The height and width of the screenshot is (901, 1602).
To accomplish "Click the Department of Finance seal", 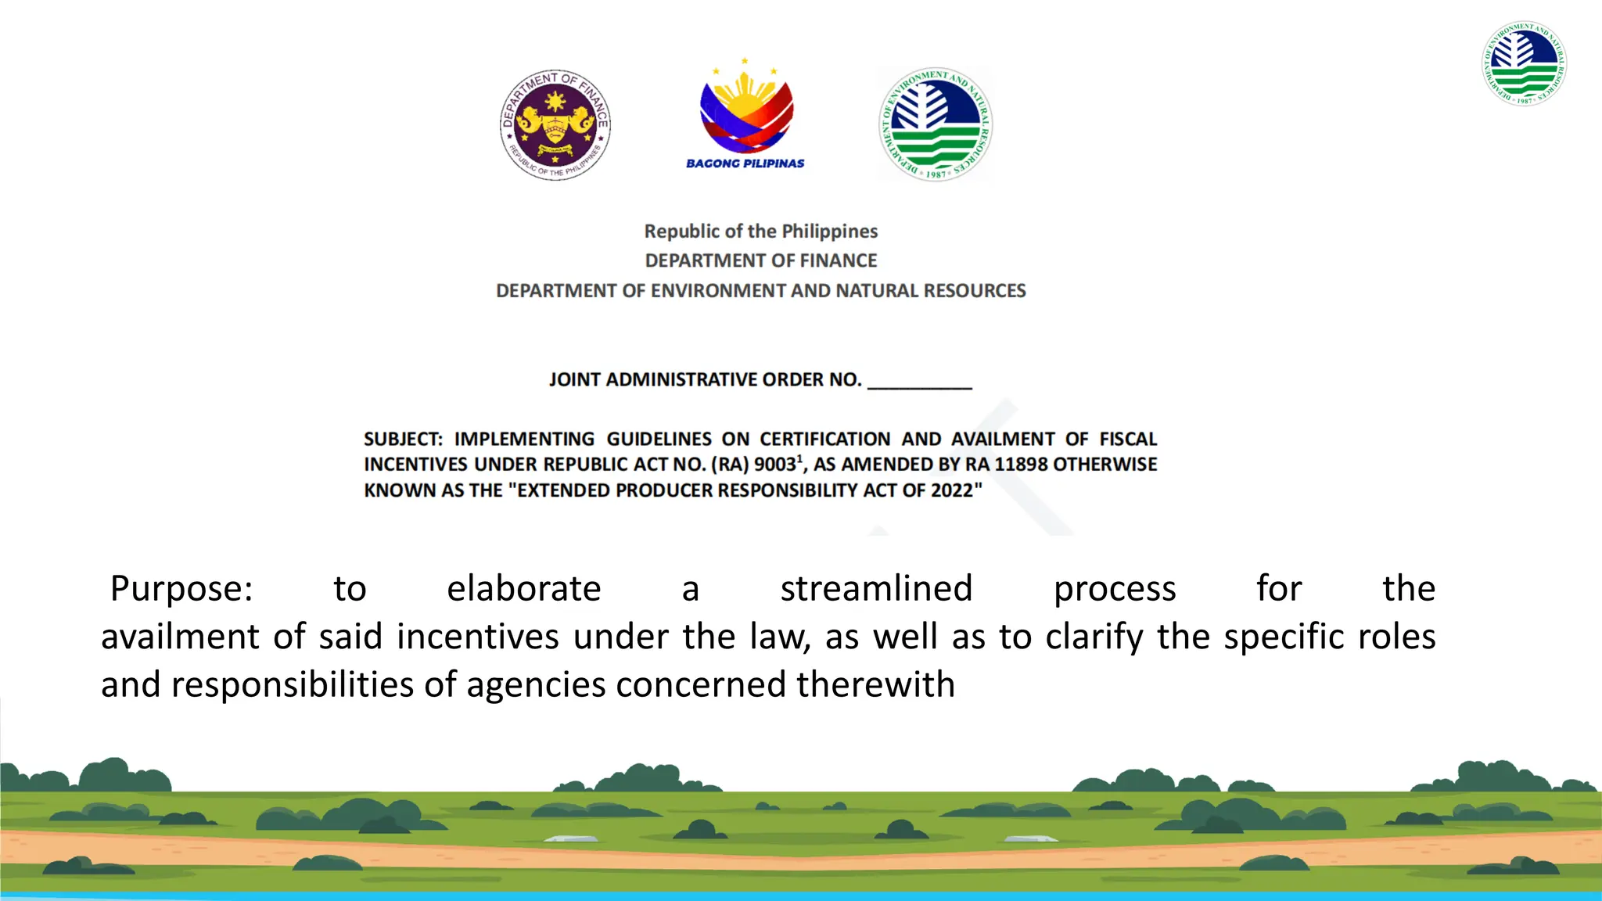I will (555, 124).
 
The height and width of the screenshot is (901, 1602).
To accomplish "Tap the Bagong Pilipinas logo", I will (745, 106).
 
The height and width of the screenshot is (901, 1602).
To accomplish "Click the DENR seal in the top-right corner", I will (1524, 63).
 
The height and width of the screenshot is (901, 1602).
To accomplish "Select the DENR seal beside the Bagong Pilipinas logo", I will (936, 124).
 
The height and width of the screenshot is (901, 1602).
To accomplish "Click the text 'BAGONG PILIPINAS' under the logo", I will (745, 163).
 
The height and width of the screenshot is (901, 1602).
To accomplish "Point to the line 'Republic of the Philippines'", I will (760, 232).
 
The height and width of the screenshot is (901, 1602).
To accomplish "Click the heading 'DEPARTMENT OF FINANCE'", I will (760, 260).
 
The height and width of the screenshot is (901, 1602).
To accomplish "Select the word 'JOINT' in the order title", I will (574, 380).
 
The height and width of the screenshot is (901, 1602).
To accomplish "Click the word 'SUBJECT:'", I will (403, 440).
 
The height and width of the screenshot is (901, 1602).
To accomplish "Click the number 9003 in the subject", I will (774, 465).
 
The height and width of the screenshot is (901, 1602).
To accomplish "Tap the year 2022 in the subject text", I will (951, 490).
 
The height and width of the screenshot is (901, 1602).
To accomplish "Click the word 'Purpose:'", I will (181, 589).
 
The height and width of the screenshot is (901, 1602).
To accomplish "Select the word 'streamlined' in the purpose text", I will (876, 589).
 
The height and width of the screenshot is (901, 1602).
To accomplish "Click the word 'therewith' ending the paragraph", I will (875, 684).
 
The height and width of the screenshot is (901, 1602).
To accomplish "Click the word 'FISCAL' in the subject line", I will (1127, 440).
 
